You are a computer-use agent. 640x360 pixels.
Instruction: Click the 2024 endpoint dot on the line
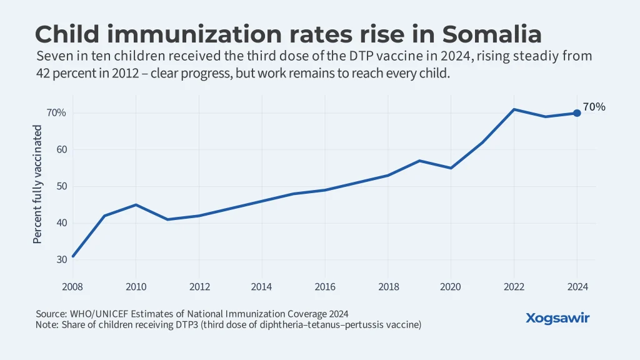point(577,113)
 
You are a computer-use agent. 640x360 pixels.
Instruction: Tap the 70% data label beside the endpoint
point(594,107)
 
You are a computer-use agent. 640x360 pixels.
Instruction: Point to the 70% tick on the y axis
point(56,113)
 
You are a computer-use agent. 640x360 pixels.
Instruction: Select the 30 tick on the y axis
point(60,260)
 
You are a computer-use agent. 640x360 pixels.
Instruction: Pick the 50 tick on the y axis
point(60,187)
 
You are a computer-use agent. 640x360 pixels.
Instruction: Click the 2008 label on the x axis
point(73,287)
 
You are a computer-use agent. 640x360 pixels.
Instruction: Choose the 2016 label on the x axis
point(325,287)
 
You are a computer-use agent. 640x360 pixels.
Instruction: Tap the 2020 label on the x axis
point(451,287)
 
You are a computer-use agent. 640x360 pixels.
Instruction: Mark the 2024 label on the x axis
point(577,287)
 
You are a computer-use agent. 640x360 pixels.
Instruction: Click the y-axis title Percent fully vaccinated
point(37,184)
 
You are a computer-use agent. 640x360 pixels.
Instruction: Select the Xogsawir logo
point(557,318)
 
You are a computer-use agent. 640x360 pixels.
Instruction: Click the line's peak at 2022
point(514,109)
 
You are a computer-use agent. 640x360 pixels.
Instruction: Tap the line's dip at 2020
point(451,168)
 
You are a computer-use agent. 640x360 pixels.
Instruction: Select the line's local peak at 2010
point(136,204)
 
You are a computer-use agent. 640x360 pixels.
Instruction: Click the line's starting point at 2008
point(73,256)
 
